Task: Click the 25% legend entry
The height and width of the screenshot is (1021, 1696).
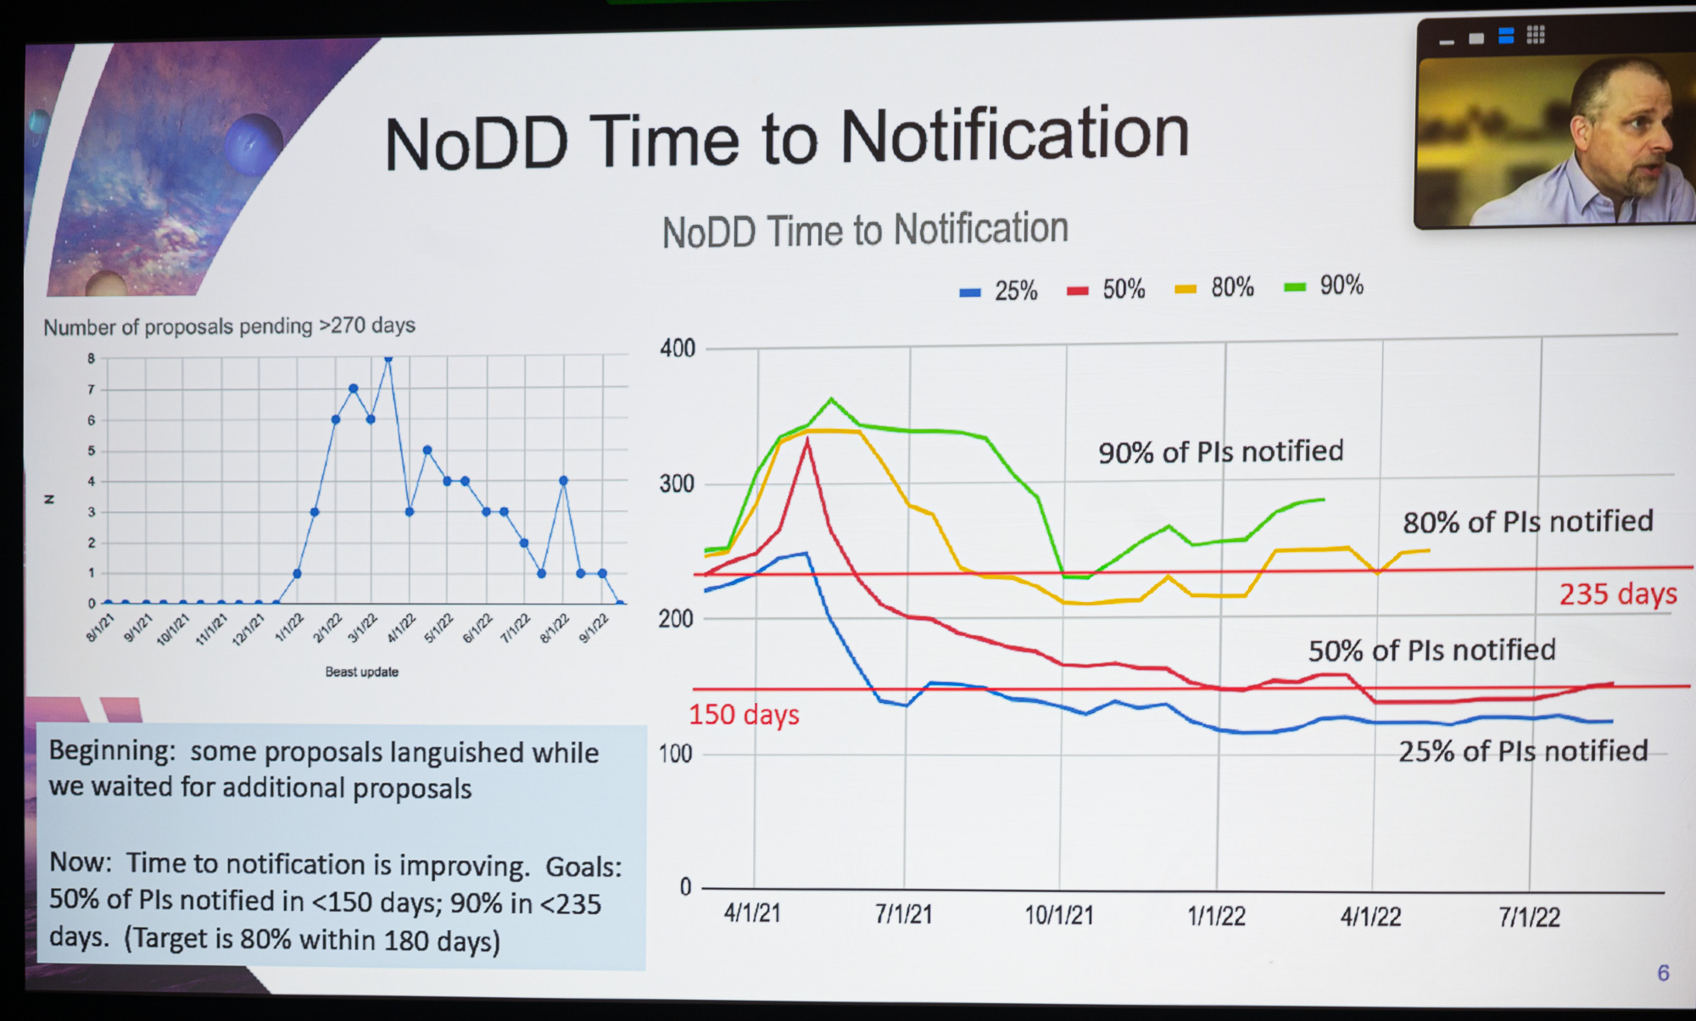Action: [999, 291]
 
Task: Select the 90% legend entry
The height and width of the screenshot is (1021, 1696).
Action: [1325, 286]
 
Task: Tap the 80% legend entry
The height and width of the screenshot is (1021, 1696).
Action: [1215, 287]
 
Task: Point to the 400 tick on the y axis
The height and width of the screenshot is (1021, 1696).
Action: [677, 349]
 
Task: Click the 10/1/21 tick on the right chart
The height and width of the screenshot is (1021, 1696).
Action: [1059, 915]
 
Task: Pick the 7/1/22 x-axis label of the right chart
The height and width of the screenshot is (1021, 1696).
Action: [1529, 917]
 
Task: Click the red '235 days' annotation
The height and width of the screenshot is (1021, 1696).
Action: [1617, 594]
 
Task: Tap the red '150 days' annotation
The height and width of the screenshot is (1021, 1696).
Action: [744, 715]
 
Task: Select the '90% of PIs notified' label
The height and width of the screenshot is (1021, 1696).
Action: [1220, 452]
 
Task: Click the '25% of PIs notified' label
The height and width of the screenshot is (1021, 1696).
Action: [1522, 751]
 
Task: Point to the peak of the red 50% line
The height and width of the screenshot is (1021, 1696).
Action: [806, 440]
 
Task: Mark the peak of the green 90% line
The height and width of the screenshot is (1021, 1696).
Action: [831, 398]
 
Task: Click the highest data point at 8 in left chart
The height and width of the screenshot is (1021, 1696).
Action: [388, 359]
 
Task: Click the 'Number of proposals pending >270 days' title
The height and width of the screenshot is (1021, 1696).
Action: [229, 326]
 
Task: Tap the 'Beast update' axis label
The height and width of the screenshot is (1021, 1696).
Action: [362, 672]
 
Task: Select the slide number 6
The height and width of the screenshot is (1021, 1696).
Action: [1663, 973]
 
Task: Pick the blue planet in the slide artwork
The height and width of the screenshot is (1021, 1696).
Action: [253, 144]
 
